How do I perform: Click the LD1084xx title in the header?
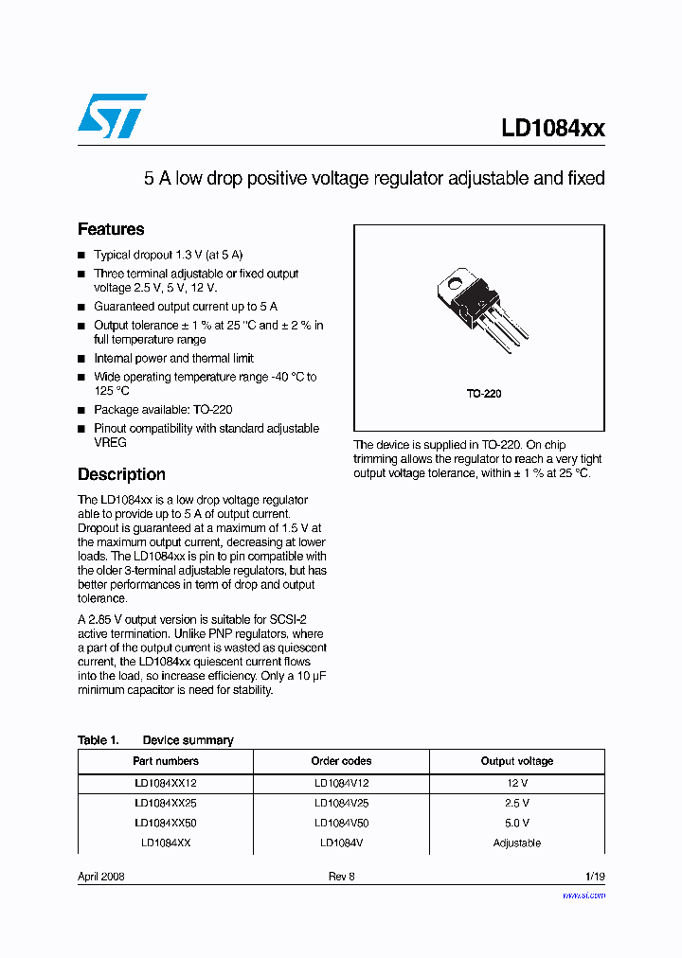pos(552,128)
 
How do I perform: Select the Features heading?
pos(111,229)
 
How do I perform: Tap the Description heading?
pos(121,474)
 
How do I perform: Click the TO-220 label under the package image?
pos(483,393)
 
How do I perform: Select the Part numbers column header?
pos(166,761)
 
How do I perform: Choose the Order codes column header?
pos(341,761)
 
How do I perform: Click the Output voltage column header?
pos(517,761)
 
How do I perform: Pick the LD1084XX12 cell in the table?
pos(166,784)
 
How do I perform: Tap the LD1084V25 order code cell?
pos(341,803)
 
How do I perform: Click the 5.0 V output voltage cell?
pos(517,823)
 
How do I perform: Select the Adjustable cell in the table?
pos(517,843)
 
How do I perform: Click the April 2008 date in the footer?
pos(101,877)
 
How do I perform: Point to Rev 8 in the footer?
pos(341,877)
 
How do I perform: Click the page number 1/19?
pos(594,877)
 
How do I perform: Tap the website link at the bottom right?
pos(583,895)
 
